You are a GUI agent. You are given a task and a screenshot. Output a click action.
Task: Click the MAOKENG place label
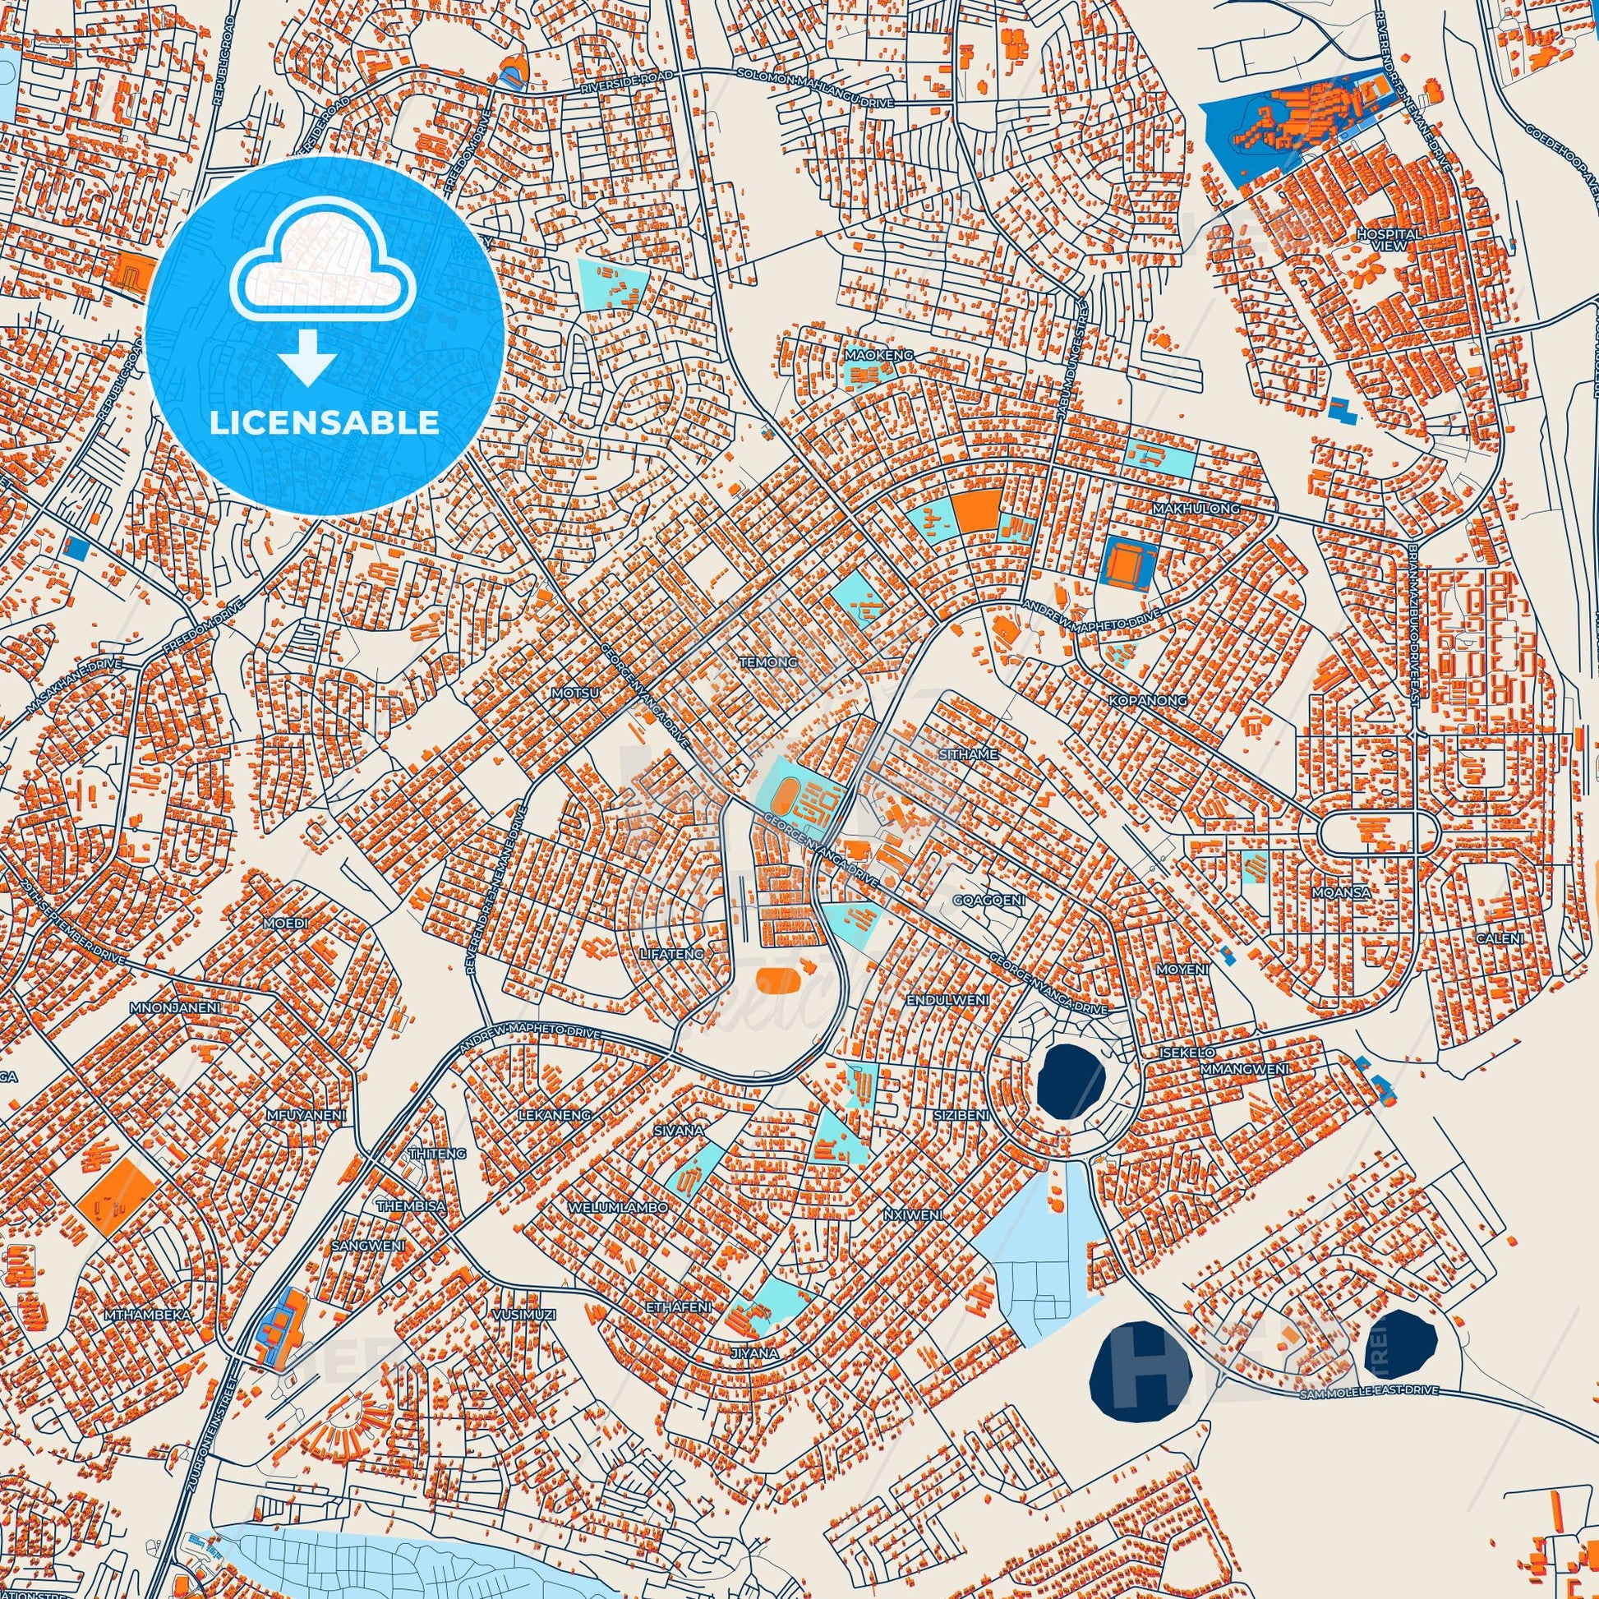(x=878, y=355)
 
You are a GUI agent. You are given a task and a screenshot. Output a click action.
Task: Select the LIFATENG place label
(x=671, y=953)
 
